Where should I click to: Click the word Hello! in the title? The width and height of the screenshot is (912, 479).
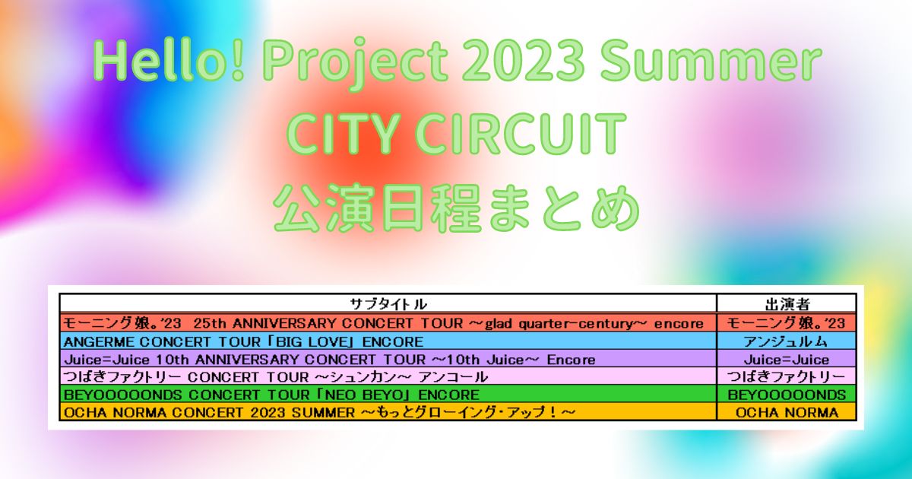click(x=169, y=62)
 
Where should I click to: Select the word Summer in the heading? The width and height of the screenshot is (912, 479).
click(x=710, y=62)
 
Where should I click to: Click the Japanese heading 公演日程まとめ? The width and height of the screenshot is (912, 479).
click(x=456, y=208)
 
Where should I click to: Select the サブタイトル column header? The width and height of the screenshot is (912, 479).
click(x=388, y=304)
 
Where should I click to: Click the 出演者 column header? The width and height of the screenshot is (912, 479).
click(x=787, y=304)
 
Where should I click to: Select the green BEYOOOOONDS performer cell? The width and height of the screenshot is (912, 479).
click(x=787, y=395)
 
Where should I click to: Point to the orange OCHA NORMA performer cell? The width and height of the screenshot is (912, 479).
click(x=787, y=413)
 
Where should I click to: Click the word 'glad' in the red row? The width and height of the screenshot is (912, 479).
click(x=498, y=323)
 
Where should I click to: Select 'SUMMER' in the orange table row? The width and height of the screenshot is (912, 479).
click(x=323, y=413)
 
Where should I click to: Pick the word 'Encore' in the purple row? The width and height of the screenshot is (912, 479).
click(x=571, y=360)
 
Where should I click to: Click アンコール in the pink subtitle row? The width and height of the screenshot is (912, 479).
click(x=453, y=377)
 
